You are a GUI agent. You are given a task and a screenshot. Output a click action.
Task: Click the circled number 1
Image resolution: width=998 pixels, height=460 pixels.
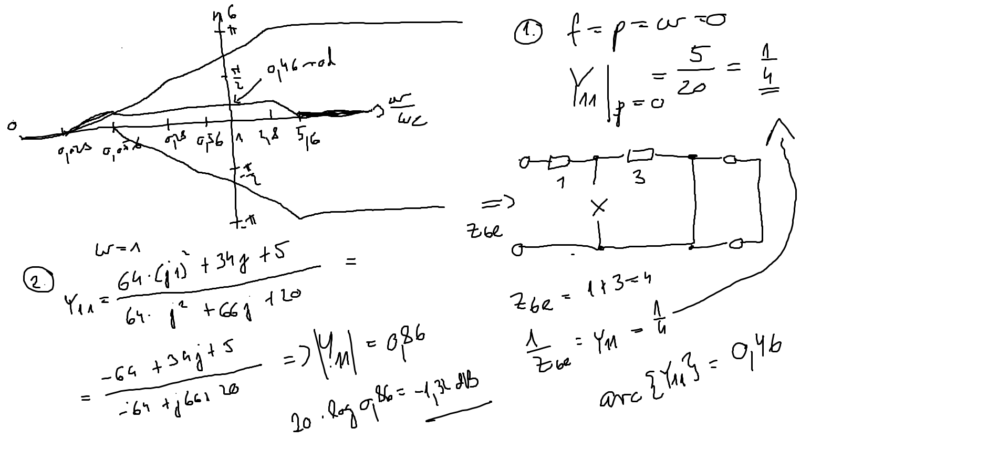(x=527, y=33)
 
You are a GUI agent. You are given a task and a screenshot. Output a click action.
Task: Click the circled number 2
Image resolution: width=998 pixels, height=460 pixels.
(x=38, y=282)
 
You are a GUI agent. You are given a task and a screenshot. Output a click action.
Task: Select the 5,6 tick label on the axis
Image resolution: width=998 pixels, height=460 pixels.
(x=308, y=138)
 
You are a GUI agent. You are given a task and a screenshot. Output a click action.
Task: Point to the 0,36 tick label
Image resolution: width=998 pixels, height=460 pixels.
(x=210, y=140)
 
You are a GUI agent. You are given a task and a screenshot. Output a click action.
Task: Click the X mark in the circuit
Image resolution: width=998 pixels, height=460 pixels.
(x=599, y=207)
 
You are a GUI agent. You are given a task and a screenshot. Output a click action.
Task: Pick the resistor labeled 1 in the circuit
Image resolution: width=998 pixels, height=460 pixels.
(x=559, y=163)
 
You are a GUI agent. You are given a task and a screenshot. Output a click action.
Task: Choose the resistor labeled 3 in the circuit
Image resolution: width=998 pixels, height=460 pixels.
(x=640, y=154)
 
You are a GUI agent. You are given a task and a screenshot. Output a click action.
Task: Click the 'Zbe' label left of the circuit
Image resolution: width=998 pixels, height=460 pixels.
(x=484, y=231)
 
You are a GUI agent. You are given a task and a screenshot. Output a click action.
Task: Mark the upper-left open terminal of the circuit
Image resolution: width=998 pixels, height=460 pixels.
(x=523, y=163)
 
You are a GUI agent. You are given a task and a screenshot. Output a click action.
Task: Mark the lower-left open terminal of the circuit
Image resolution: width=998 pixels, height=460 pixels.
(x=517, y=250)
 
